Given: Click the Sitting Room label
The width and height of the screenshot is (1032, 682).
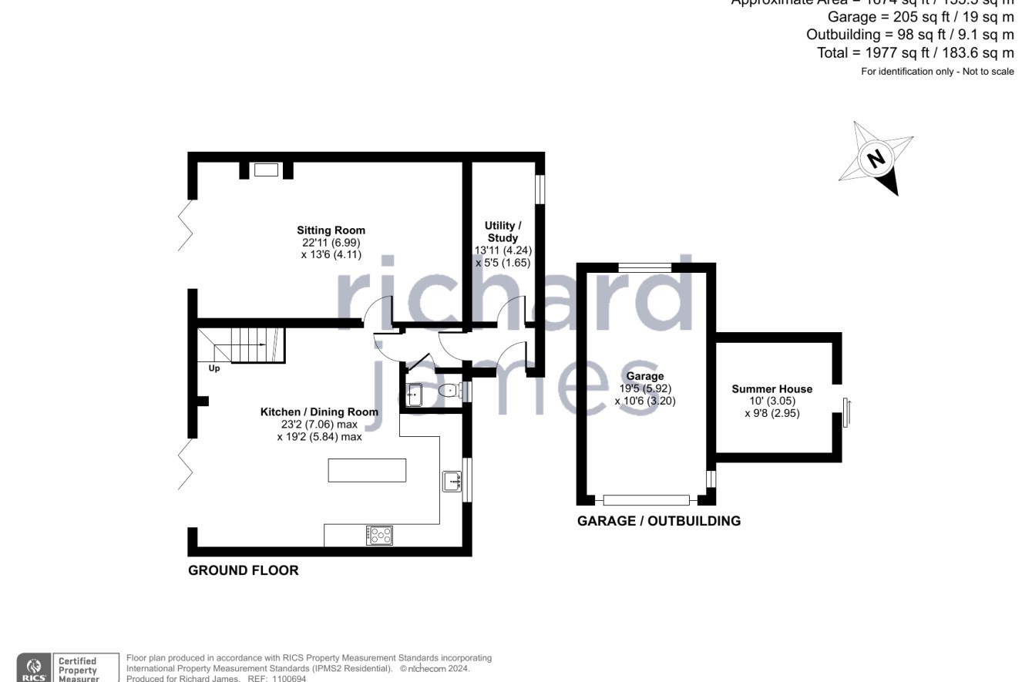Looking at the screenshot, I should pos(331,230).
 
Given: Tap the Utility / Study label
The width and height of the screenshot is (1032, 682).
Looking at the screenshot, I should pos(503,231).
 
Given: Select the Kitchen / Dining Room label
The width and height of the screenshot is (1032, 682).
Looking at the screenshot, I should pos(319,412).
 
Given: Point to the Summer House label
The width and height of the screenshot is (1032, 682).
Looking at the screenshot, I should pos(771,389).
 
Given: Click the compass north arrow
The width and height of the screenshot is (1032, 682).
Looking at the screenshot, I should pos(876,159).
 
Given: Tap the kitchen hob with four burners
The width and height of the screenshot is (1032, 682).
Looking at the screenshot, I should pos(379,535).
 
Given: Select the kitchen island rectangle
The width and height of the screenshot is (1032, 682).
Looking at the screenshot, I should pos(367,470).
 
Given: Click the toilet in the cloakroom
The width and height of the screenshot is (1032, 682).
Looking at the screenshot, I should pos(447,391).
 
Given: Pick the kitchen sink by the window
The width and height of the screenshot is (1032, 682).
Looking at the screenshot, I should pos(452,482).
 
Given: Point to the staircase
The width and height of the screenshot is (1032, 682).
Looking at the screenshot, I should pos(250,344).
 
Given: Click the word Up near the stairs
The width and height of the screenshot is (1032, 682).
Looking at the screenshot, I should pos(214,369).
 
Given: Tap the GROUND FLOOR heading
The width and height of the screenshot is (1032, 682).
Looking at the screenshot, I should pos(244,571).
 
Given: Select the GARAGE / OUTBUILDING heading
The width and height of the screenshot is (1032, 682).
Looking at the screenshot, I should pos(659,521).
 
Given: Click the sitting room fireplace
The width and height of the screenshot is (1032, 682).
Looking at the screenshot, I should pos(266,170).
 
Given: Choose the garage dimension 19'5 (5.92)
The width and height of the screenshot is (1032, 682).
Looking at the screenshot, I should pos(644,389).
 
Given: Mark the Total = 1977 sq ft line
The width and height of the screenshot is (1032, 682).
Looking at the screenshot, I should pos(916,53).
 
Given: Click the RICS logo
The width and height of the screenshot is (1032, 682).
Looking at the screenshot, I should pos(34,667).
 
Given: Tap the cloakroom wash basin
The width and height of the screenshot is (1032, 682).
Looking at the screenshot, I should pos(415,395).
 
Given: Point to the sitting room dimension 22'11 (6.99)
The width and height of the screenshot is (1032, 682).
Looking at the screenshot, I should pos(331,243).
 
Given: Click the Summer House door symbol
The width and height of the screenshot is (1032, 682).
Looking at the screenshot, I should pos(845,412).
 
